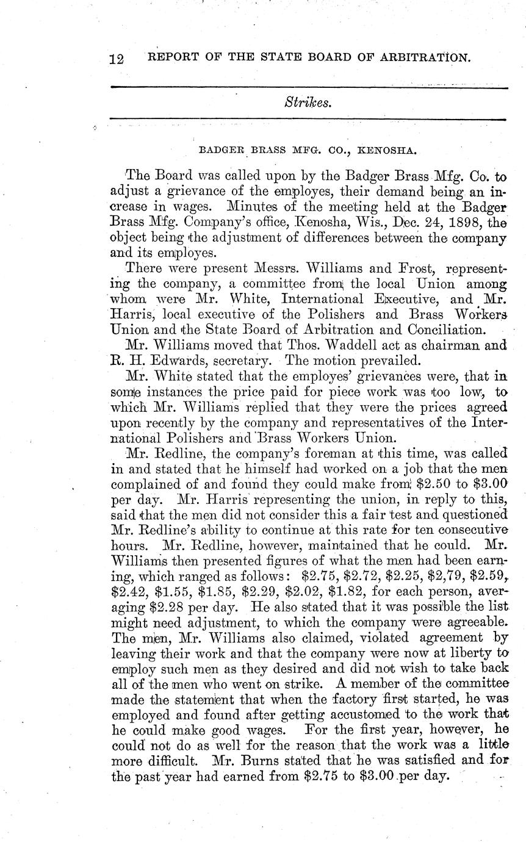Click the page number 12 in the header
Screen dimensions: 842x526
117,59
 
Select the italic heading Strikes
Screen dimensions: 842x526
308,103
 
